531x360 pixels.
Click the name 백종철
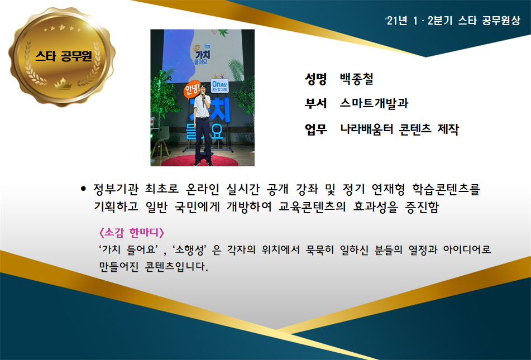pos(357,79)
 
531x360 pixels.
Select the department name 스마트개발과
pos(374,103)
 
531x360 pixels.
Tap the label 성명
pos(315,79)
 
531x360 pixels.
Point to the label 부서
pos(315,103)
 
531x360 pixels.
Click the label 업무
pos(315,129)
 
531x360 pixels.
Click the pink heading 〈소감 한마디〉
pos(131,233)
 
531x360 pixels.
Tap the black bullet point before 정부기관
pos(83,189)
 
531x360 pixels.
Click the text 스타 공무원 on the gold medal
pos(63,56)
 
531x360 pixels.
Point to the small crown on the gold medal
pos(63,83)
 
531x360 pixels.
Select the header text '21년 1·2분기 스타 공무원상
pos(453,21)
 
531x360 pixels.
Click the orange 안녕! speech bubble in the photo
pos(192,90)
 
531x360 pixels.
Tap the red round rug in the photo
pos(200,161)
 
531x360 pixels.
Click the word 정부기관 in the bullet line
pos(116,189)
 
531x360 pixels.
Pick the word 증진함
pos(422,207)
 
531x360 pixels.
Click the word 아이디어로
pos(467,250)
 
